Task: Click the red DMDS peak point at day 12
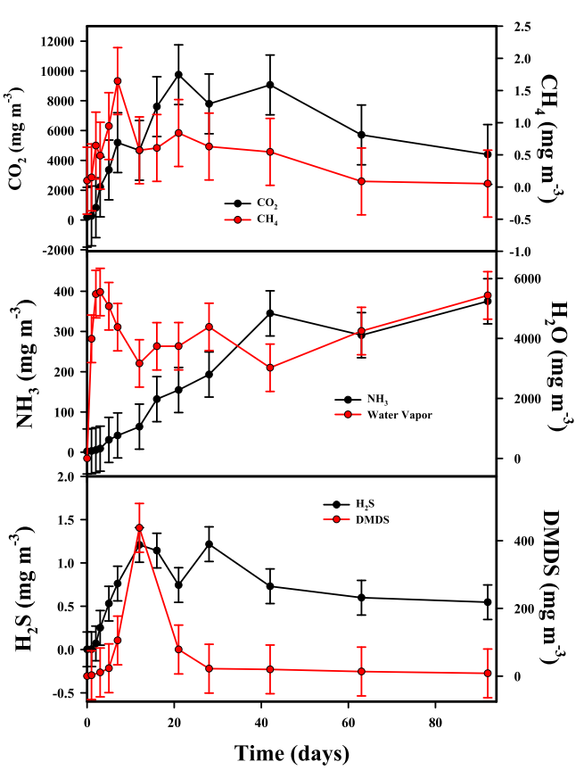[x=139, y=528]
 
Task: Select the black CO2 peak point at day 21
[x=178, y=74]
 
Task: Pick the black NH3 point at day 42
[x=270, y=313]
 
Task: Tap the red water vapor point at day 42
[x=270, y=368]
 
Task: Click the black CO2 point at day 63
[x=361, y=135]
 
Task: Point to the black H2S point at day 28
[x=209, y=544]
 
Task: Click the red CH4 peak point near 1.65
[x=118, y=81]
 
